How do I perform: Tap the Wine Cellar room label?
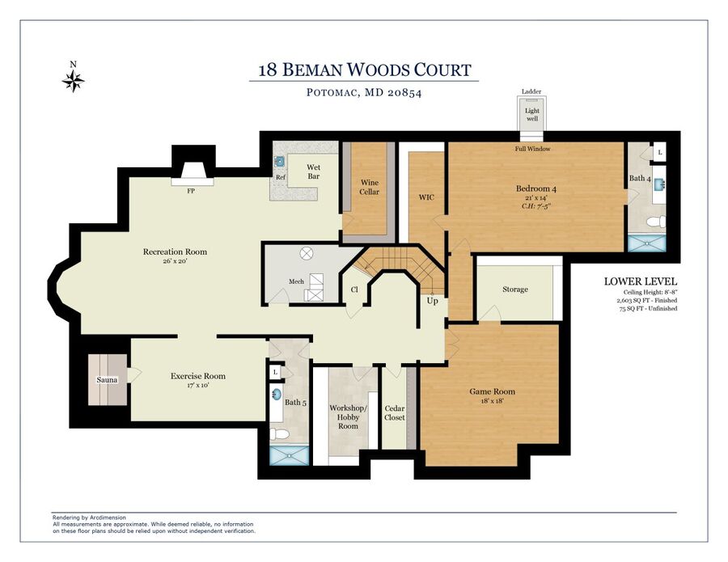(x=370, y=187)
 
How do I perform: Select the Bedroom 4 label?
(x=535, y=188)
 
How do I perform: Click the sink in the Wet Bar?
(x=280, y=162)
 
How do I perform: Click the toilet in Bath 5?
(x=280, y=434)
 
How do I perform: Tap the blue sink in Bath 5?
(x=277, y=395)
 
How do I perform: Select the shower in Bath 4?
(x=646, y=243)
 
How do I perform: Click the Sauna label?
(x=107, y=379)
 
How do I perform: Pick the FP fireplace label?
(x=191, y=191)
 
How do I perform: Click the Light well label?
(x=532, y=115)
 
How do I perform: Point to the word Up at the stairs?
(x=432, y=301)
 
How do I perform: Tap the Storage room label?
(x=515, y=289)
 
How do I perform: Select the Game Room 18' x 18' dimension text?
(x=492, y=401)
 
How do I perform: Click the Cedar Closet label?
(x=395, y=412)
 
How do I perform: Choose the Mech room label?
(x=296, y=281)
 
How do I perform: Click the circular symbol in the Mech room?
(x=307, y=253)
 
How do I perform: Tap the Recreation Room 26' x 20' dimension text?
(x=175, y=261)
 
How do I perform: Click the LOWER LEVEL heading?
(x=641, y=281)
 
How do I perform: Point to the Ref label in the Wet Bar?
(x=281, y=177)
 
